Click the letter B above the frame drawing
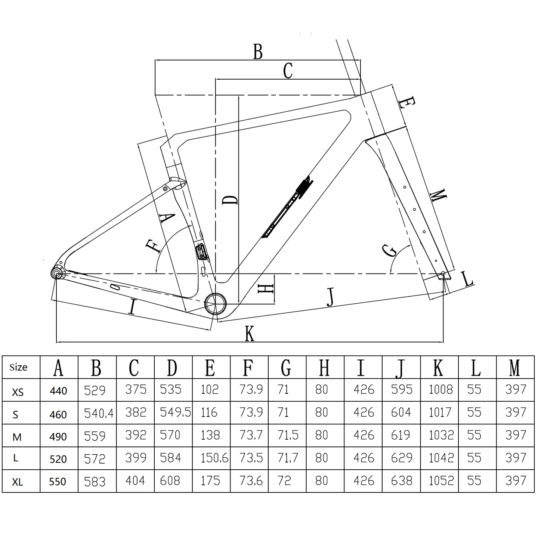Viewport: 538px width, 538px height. tap(258, 52)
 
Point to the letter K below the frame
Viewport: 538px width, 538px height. tap(249, 334)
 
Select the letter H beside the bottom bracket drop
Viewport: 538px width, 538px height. tap(265, 289)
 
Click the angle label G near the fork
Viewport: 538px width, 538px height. tap(389, 250)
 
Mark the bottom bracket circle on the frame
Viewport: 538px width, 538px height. tap(215, 304)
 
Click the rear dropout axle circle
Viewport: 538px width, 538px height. tap(57, 273)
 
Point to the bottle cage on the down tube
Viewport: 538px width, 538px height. tap(287, 207)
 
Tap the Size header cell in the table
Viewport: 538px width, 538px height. tap(18, 367)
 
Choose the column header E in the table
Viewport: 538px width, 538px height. tap(210, 368)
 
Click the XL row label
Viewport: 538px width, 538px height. tap(17, 482)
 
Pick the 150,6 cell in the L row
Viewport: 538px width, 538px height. tap(214, 458)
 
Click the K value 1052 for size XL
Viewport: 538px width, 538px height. tap(441, 481)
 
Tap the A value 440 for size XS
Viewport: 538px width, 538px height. tap(58, 391)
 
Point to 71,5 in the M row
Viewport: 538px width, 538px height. tap(288, 435)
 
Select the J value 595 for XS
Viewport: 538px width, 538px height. tap(402, 389)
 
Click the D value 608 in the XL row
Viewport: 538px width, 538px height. tap(170, 481)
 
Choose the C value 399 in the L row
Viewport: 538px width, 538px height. tap(136, 458)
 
